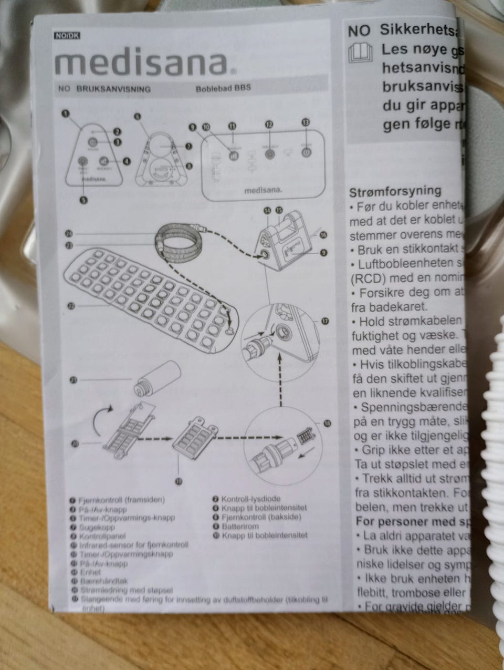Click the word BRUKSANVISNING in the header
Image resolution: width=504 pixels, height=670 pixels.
(113, 89)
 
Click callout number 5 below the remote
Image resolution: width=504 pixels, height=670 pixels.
(83, 200)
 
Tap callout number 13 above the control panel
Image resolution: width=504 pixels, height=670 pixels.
(306, 122)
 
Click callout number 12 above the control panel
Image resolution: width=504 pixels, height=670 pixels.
(269, 125)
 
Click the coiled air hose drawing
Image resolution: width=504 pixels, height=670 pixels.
(181, 239)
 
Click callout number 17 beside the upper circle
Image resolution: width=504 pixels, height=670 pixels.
(325, 321)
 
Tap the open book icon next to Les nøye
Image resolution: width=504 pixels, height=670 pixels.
(359, 53)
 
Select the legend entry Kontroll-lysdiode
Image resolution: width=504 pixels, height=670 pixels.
(250, 499)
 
